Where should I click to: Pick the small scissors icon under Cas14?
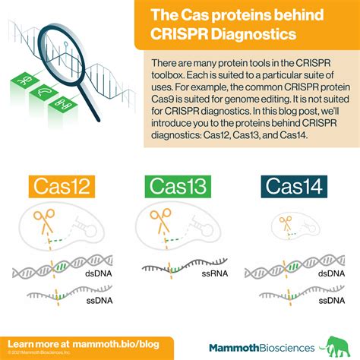pyautogui.click(x=286, y=223)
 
